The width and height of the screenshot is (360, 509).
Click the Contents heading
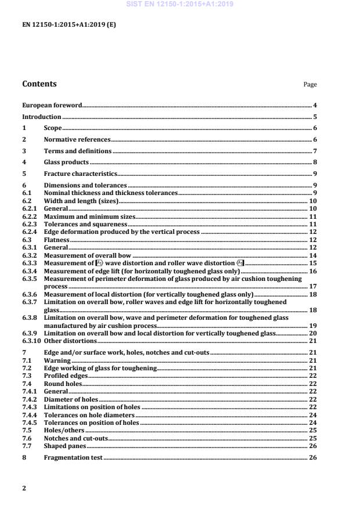(x=39, y=84)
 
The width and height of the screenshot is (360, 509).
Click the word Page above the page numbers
(x=310, y=85)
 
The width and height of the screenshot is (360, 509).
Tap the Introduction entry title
(x=41, y=117)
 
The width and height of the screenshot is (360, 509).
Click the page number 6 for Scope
(x=315, y=128)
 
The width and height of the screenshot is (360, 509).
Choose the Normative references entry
(x=77, y=139)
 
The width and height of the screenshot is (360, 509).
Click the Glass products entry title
(x=66, y=162)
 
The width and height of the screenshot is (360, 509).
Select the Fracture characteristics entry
(x=81, y=174)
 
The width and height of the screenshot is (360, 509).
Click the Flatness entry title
(x=56, y=239)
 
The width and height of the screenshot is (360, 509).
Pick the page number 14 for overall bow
(x=313, y=255)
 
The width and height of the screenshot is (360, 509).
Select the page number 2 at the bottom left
(x=24, y=488)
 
